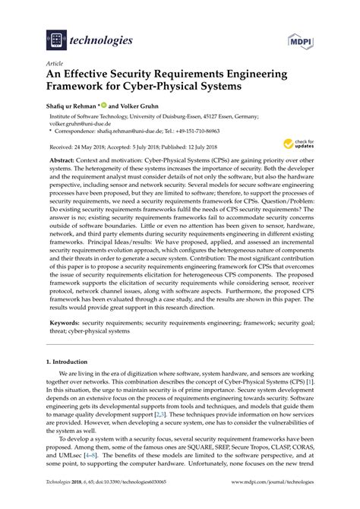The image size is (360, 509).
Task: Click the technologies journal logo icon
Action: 55,38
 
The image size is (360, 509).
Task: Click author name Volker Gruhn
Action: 137,106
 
